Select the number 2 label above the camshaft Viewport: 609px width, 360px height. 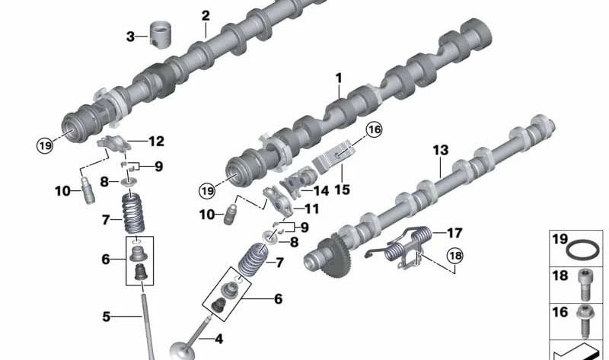[205, 15]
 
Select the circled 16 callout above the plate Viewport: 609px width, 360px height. [374, 130]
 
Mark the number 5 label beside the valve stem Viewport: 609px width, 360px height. [107, 315]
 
